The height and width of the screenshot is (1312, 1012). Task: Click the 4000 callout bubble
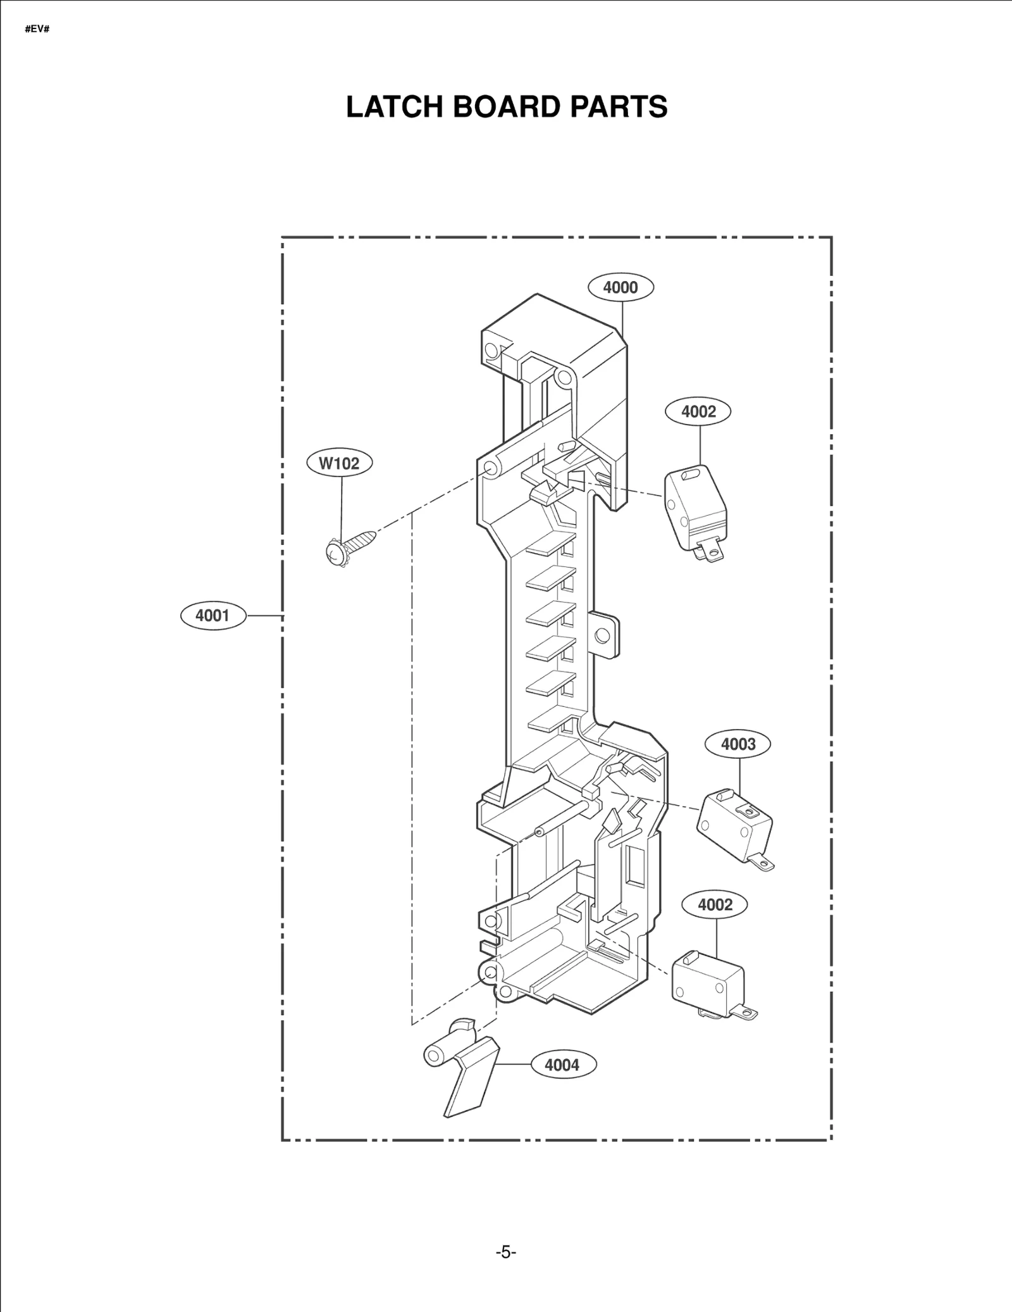click(x=620, y=287)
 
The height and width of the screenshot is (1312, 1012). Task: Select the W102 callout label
click(x=339, y=463)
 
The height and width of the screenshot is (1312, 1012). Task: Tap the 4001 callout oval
click(x=213, y=615)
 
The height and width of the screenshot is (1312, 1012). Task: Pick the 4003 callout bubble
click(x=738, y=744)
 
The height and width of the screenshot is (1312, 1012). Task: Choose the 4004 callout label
click(x=562, y=1065)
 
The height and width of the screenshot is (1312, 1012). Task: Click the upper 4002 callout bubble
click(x=698, y=411)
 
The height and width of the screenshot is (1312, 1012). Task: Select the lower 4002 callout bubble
click(x=715, y=905)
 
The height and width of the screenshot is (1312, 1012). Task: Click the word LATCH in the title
click(x=394, y=107)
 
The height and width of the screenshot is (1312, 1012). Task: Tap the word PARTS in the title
click(x=619, y=107)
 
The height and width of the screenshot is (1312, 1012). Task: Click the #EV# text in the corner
click(x=37, y=30)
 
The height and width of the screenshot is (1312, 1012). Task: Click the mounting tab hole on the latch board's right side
click(x=604, y=634)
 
